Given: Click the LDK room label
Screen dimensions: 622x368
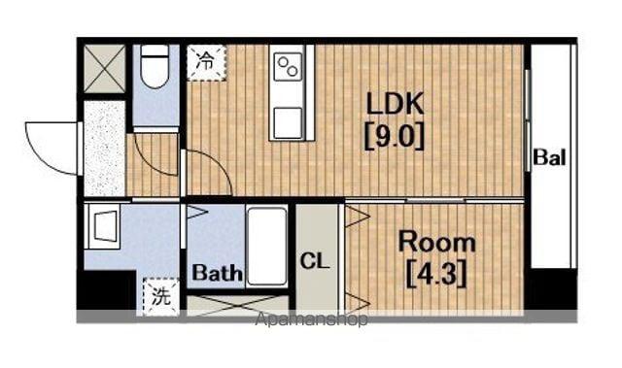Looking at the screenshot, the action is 395,104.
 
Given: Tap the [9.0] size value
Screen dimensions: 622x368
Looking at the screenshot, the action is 395,137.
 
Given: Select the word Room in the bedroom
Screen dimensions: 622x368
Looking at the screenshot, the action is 436,242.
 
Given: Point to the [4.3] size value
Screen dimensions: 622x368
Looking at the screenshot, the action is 436,274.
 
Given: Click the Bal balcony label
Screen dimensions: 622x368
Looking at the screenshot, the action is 549,157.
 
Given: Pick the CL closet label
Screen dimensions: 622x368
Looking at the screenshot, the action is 315,261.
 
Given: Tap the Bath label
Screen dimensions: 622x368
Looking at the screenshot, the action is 218,273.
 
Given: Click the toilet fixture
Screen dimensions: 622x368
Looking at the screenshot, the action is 155,66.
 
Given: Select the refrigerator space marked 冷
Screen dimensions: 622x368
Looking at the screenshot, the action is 206,62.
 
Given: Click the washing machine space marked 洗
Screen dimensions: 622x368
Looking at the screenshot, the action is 161,296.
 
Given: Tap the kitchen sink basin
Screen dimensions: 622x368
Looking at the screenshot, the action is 288,122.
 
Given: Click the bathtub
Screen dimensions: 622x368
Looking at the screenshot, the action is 266,246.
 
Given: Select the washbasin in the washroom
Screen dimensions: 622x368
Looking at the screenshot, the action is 103,226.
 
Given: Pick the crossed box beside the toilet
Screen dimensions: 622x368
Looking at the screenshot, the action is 105,69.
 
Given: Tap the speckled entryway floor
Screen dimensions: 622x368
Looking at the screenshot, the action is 105,149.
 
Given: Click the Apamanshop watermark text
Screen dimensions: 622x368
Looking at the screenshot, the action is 311,319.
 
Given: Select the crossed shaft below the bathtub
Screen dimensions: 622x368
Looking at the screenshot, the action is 237,306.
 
